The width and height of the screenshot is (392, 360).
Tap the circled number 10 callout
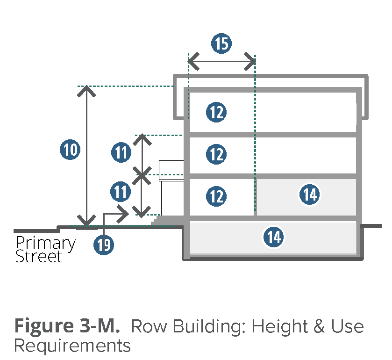70,150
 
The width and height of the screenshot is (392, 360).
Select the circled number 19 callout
104,245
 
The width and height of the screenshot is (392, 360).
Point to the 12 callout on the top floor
216,112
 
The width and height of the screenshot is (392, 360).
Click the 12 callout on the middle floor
216,154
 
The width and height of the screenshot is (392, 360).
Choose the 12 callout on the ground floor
216,196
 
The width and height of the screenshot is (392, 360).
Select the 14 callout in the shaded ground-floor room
310,194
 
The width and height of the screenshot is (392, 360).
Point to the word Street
39,256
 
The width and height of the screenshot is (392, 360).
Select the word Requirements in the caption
72,346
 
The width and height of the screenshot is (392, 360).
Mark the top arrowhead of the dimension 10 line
86,90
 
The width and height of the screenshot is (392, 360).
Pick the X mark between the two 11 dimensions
141,176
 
